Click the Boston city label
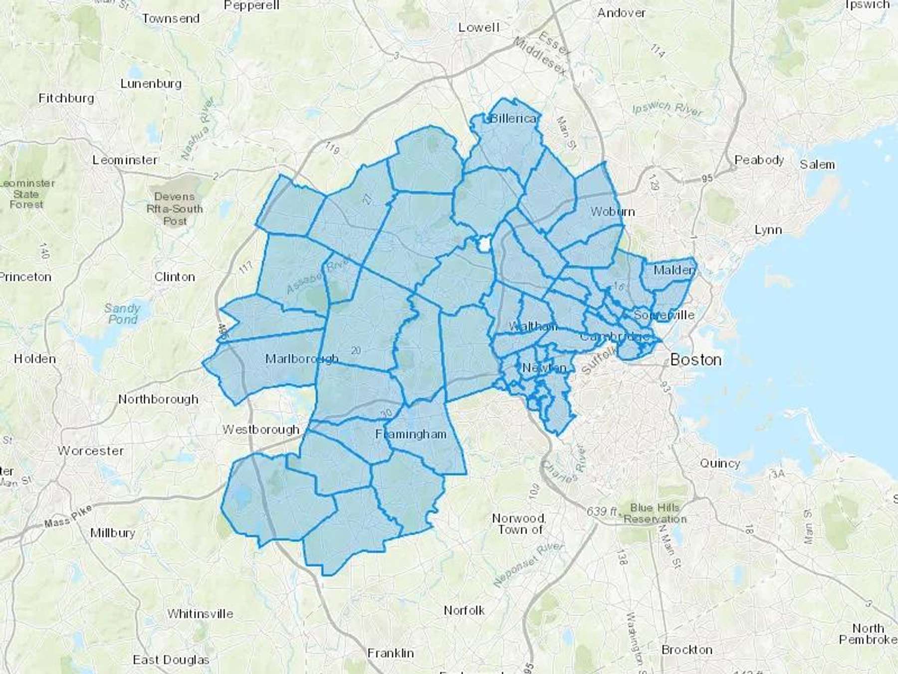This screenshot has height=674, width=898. point(695,359)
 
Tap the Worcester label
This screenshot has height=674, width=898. point(91,451)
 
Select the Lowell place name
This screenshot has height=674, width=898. point(478,27)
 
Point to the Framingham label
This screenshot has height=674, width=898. point(411,434)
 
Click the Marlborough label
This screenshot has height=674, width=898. point(301,358)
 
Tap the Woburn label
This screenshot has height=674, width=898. point(613,212)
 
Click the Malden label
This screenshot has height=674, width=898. point(674,270)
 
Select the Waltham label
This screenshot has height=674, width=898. point(532,327)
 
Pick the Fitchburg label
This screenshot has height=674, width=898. point(66,98)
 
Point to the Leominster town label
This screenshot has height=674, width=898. point(125,160)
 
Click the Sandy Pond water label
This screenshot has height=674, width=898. point(122,314)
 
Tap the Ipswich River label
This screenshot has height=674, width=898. point(667,109)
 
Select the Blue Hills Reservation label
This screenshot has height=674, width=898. point(655,513)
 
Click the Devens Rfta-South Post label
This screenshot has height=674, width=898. point(175,209)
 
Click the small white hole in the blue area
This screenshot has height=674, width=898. point(483,245)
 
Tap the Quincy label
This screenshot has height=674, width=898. point(720,463)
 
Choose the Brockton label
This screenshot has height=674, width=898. point(686,650)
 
